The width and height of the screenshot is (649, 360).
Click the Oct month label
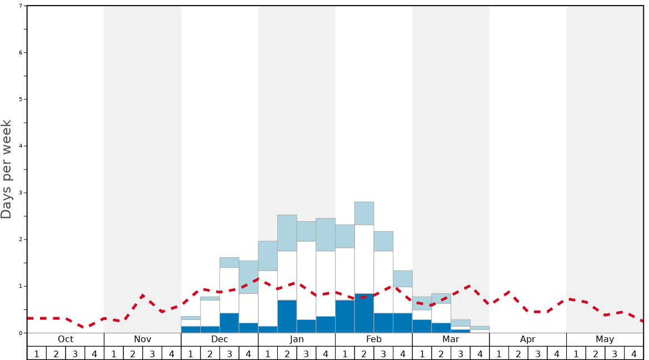[66, 339]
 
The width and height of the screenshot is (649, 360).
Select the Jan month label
[297, 339]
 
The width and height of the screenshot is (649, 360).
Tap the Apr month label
[528, 339]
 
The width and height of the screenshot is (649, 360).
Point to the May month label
[605, 339]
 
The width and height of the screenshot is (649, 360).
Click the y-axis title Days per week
[7, 169]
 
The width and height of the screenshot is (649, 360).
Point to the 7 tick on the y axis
[21, 6]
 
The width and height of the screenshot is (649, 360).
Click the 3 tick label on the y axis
[21, 193]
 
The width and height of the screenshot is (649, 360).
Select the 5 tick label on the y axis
[21, 99]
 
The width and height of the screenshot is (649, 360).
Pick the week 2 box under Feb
[364, 353]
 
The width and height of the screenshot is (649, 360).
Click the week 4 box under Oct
[94, 353]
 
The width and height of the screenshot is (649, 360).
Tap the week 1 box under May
[576, 353]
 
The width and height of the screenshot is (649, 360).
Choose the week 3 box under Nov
[152, 353]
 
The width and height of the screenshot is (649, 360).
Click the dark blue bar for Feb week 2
[364, 313]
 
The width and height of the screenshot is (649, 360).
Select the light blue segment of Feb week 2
[364, 213]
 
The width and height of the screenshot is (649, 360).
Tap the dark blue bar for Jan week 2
[287, 317]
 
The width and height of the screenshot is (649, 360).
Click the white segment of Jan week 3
[306, 281]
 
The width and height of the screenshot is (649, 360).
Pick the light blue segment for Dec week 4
[248, 277]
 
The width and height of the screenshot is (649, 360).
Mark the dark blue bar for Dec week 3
[229, 323]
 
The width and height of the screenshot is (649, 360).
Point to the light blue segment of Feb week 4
[403, 279]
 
